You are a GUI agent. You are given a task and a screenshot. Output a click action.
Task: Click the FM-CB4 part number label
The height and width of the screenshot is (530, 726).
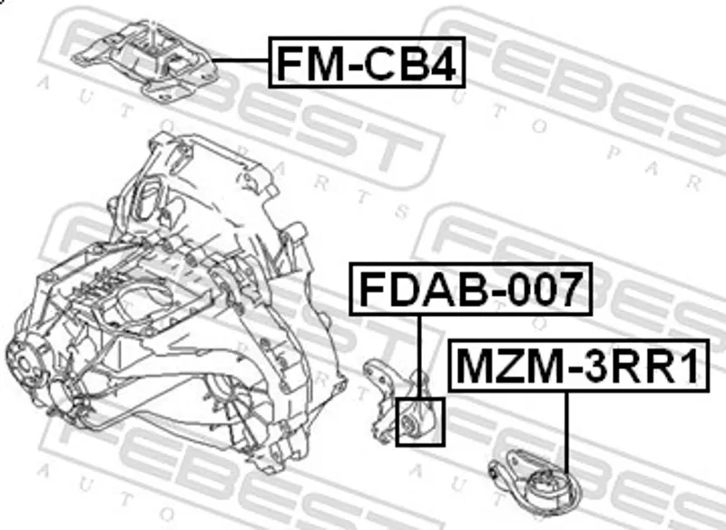pyautogui.click(x=367, y=63)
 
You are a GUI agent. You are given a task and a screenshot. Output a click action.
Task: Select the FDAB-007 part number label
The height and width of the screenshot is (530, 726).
pyautogui.click(x=470, y=289)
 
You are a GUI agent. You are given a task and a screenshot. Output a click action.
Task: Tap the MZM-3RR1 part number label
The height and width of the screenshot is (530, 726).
pyautogui.click(x=579, y=366)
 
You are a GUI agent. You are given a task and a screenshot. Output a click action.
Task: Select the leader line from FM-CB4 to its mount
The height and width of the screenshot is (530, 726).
pyautogui.click(x=240, y=61)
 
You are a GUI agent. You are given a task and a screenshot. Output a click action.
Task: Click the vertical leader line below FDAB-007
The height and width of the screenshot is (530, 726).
pyautogui.click(x=420, y=357)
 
